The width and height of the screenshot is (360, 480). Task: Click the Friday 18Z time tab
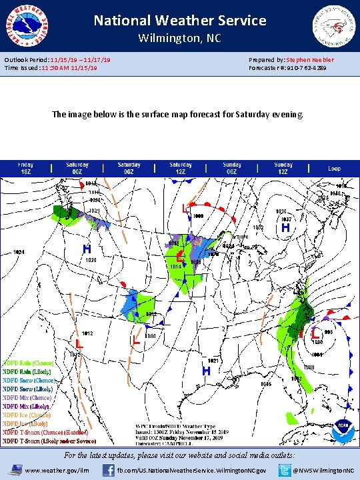coord(26,167)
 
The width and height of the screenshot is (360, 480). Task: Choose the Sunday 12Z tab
coord(283,167)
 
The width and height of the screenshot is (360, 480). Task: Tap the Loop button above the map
coord(335,169)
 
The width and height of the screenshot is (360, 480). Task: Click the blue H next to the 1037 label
coord(285,228)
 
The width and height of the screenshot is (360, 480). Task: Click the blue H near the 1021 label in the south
coord(207,370)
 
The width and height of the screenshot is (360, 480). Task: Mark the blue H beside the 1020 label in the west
coord(87,249)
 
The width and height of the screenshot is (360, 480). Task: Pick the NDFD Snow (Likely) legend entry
coord(28,389)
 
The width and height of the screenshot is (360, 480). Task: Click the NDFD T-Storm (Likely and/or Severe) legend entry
coord(49,440)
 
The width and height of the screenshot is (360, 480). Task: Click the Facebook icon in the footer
coord(108,470)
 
